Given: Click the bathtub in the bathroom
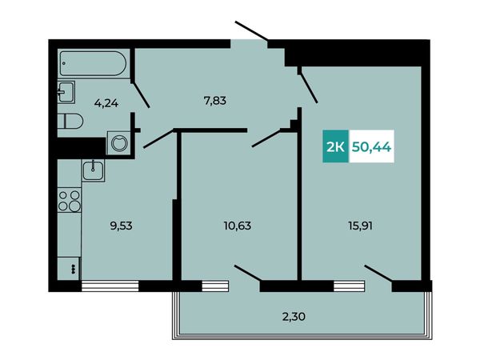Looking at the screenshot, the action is [93, 63].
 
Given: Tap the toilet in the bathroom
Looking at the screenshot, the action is [70, 121].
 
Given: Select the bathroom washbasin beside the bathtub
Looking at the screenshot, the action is [66, 91].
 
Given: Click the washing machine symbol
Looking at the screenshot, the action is [118, 143].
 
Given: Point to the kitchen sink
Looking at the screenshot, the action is [93, 170].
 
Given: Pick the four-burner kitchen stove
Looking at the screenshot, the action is [70, 199].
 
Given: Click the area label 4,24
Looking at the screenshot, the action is [106, 103].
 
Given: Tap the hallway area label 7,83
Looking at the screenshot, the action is [215, 101].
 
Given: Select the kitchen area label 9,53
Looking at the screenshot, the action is [121, 226].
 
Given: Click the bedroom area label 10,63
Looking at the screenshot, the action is [238, 226].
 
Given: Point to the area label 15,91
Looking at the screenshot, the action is [360, 226].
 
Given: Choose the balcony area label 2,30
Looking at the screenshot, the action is [294, 316].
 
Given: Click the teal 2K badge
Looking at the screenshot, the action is [335, 146].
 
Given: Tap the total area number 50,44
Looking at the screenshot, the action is [372, 147].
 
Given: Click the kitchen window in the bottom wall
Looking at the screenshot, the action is [110, 286].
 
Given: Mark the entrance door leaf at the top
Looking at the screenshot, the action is [251, 30].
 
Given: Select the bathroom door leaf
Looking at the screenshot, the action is [141, 94].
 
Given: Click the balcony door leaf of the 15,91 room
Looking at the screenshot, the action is [378, 274].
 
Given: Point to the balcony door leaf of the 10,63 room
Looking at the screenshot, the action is [248, 273].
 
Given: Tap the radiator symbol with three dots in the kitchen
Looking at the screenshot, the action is [73, 269].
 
